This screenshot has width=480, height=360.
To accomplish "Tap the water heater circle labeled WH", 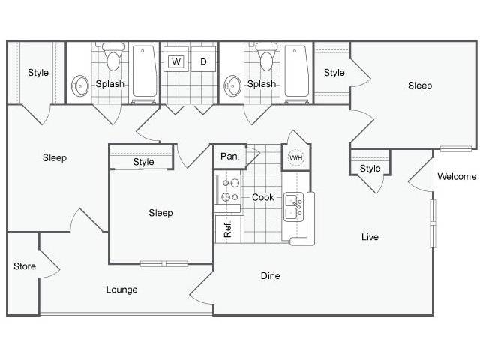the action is point(295,158).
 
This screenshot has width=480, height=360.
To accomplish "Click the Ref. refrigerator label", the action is point(228,230).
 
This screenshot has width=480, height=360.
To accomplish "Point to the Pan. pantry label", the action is point(229,157).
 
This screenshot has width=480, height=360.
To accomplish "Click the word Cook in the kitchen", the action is point(263,197).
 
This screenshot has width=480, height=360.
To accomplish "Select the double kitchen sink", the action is point(293,207).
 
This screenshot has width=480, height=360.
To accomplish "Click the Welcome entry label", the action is point(457,177).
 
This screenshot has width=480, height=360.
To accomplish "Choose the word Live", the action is point(370,237).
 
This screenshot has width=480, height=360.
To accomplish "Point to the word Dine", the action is point(271,276).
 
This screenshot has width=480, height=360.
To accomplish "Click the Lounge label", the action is point(121,289).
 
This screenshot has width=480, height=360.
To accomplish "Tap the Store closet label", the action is point(25,266).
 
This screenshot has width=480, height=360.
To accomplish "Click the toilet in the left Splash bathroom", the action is point(113,56).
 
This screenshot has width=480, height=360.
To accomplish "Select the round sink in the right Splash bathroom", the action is point(233,86).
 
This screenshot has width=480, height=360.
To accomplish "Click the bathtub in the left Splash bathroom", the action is point(144,71).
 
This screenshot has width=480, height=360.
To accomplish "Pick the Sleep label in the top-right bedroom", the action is point(420,85).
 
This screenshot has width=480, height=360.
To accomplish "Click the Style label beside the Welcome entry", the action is point(370,169).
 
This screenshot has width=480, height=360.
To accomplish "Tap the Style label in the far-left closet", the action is point(38,73).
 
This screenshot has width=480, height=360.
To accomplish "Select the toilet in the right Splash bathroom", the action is point(266,56).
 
